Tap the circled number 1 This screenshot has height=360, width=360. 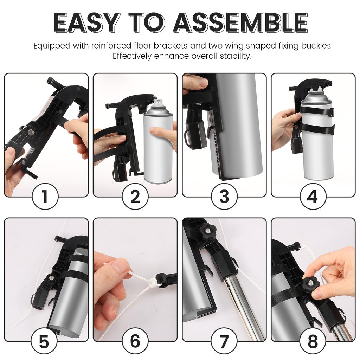point(45,197)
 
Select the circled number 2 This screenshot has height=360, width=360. point(135,197)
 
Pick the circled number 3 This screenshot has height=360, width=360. point(224,197)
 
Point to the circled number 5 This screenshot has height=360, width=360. point(44,341)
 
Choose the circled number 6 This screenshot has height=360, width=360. point(135,341)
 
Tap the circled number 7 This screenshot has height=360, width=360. point(224,341)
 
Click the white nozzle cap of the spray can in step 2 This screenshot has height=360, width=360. point(159,103)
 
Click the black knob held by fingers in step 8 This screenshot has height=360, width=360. point(311,282)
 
